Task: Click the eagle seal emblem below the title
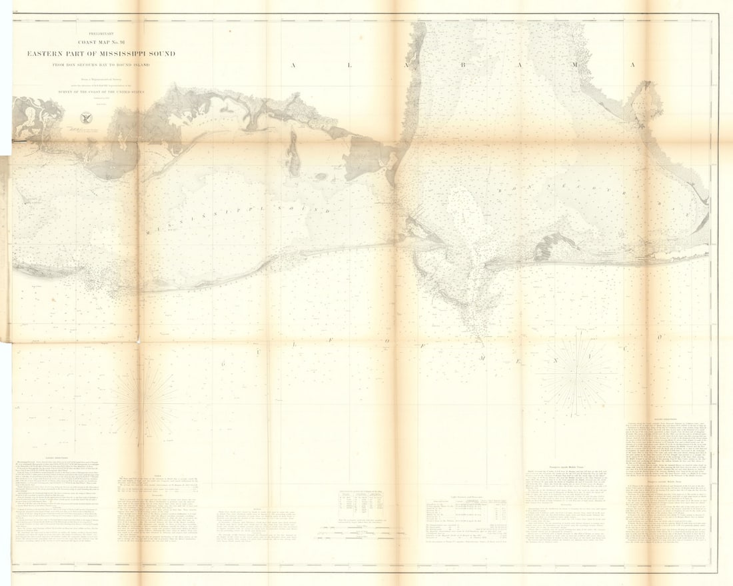pos(85,118)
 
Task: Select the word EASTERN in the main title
pos(45,54)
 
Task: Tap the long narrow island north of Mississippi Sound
pos(292,154)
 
